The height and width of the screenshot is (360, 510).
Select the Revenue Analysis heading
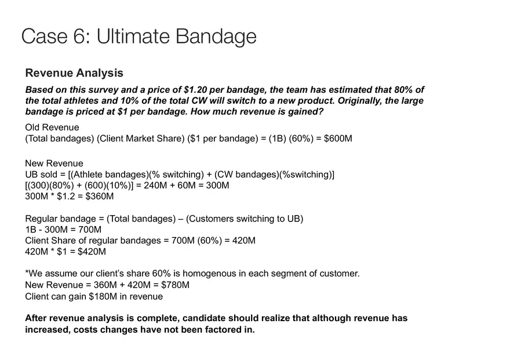tap(74, 73)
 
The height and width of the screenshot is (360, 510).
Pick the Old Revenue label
tap(52, 128)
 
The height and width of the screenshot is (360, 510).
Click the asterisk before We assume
tap(27, 272)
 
